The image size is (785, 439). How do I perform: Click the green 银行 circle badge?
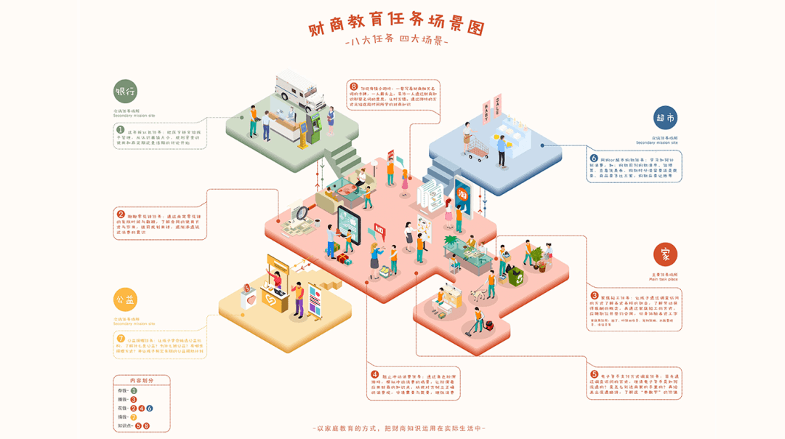pos(125,92)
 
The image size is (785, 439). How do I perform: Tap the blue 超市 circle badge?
pos(665,118)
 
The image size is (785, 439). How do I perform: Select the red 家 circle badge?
pos(665,254)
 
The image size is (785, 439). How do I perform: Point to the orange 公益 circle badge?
pos(125,299)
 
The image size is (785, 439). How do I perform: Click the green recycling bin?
pos(515,275)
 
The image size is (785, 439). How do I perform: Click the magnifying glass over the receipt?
pos(299,213)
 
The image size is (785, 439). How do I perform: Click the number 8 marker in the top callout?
pos(353,86)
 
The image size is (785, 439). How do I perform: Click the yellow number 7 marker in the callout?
pos(121,339)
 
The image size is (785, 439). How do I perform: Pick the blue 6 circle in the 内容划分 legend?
pos(150,408)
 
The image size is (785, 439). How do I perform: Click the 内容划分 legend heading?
pos(142,380)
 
